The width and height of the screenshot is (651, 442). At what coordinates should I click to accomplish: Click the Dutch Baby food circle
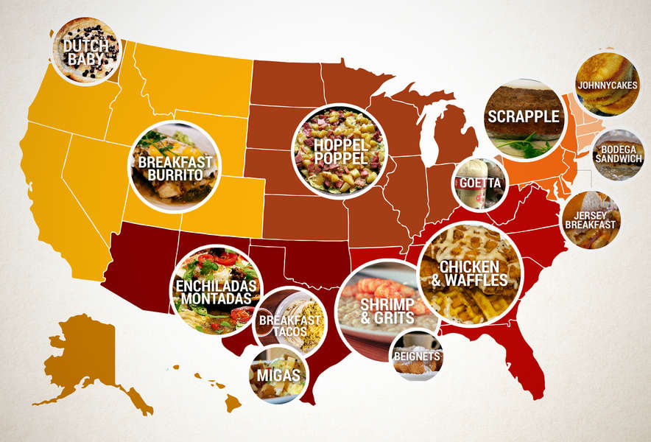[85, 50]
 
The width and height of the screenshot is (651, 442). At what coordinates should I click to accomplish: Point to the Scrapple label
[524, 116]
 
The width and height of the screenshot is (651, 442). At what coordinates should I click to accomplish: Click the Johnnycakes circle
[608, 85]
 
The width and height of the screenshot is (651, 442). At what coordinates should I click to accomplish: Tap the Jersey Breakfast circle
[591, 219]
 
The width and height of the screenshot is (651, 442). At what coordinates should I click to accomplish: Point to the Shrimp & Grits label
[382, 306]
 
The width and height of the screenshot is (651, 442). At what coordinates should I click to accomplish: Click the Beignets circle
[417, 357]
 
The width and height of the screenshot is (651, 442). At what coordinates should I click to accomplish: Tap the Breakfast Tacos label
[290, 325]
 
